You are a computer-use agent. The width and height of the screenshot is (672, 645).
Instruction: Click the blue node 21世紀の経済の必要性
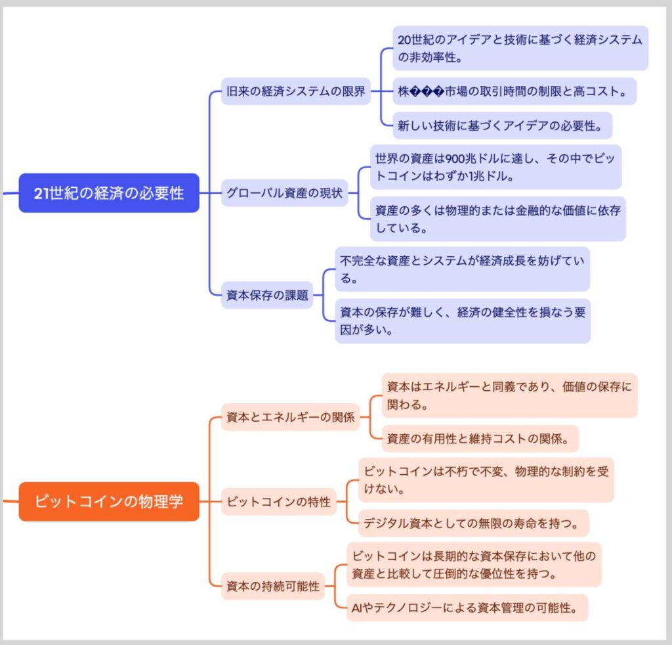109,193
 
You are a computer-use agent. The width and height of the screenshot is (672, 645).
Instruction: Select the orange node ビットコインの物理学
109,502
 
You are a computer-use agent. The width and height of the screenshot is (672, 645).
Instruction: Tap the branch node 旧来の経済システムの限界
295,91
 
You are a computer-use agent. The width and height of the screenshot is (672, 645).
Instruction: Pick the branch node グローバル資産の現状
284,193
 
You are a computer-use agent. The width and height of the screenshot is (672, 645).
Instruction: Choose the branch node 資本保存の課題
267,295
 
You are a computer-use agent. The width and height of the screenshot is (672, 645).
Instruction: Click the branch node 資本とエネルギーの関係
290,417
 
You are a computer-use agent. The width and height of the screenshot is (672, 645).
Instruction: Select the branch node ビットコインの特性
278,502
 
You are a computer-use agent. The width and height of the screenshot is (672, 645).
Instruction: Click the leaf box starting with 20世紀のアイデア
520,48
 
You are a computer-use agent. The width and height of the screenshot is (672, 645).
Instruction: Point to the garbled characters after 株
423,91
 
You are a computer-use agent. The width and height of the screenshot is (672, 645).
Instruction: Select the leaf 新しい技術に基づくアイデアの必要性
502,125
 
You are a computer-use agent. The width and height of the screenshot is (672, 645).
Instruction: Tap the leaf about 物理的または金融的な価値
497,219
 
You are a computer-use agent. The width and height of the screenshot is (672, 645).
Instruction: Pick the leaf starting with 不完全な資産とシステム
462,269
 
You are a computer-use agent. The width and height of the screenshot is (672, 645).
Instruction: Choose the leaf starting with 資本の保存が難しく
462,321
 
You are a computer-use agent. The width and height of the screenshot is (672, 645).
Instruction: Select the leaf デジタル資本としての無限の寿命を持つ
473,523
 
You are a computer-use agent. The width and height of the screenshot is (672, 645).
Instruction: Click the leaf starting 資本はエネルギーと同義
509,395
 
